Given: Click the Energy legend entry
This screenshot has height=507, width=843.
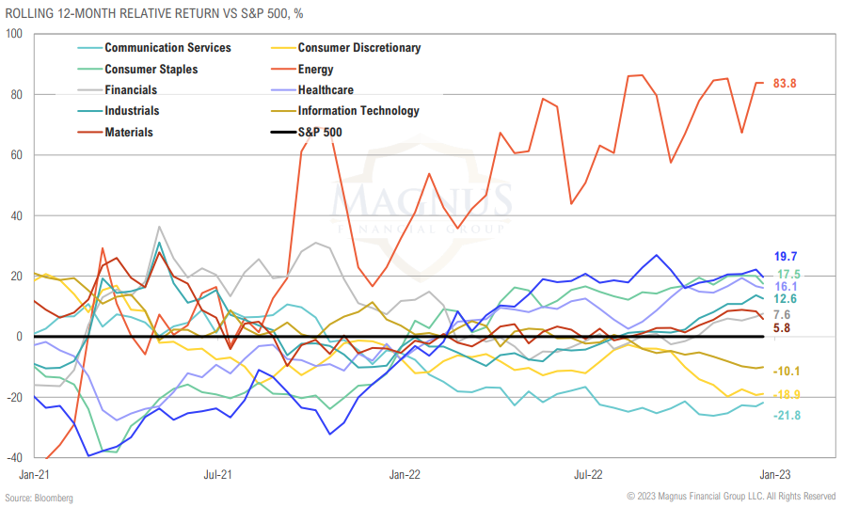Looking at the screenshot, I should [x=315, y=69].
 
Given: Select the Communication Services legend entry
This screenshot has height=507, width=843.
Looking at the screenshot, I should [x=167, y=48].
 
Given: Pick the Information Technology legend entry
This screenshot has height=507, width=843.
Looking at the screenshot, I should [x=358, y=111].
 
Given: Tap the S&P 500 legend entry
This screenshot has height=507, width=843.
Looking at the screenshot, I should [x=319, y=133].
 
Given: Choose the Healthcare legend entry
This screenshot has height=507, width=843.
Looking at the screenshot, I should [x=325, y=90].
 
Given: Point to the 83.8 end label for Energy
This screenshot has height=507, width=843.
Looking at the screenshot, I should [x=785, y=84].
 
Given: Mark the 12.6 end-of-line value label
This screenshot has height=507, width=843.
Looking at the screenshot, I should [x=786, y=299].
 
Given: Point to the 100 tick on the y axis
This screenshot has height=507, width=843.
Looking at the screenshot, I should [x=13, y=34].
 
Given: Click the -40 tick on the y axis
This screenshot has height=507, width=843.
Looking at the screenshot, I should [x=13, y=458].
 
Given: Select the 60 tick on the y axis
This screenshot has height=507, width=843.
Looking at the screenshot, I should [x=16, y=155].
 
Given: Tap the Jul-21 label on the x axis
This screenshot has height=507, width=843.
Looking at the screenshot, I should [x=218, y=474].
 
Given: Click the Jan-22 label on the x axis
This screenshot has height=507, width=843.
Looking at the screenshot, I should [x=405, y=474].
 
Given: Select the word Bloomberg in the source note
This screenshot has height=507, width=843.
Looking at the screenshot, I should [x=55, y=497].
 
